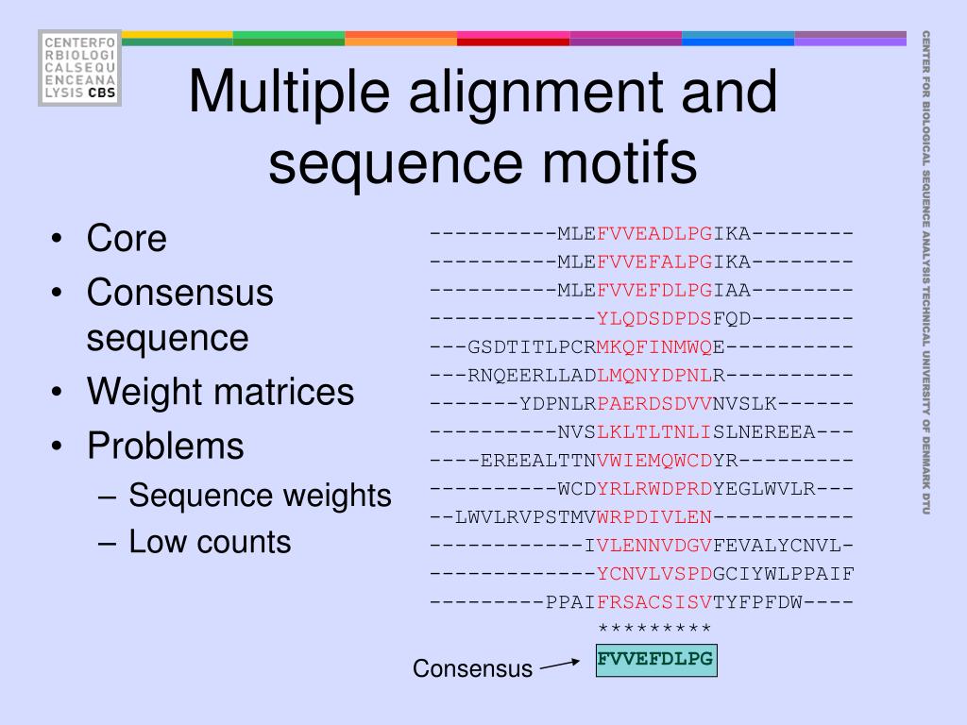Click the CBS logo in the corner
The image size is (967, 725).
pyautogui.click(x=79, y=67)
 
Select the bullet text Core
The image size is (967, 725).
pyautogui.click(x=127, y=239)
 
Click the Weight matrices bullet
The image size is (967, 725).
pyautogui.click(x=221, y=392)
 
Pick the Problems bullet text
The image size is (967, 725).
pyautogui.click(x=165, y=446)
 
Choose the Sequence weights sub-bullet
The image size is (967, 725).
pyautogui.click(x=260, y=495)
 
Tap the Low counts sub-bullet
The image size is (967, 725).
pyautogui.click(x=210, y=542)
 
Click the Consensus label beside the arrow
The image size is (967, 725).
pyautogui.click(x=472, y=669)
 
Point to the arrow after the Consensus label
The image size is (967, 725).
pyautogui.click(x=559, y=665)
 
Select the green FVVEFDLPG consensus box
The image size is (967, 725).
pyautogui.click(x=655, y=659)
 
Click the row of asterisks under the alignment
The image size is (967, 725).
pyautogui.click(x=654, y=630)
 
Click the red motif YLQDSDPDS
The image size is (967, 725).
pyautogui.click(x=654, y=318)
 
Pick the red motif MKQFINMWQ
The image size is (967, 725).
pyautogui.click(x=654, y=346)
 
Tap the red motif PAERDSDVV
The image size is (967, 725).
pyautogui.click(x=654, y=403)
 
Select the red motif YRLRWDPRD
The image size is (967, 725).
pyautogui.click(x=654, y=488)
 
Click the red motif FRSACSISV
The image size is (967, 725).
pyautogui.click(x=654, y=601)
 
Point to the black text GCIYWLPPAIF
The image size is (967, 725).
pyautogui.click(x=784, y=573)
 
